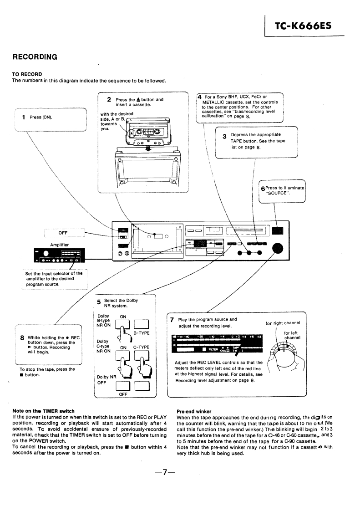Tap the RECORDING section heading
coord(35,57)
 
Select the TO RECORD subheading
coord(27,74)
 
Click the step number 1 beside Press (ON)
coord(23,117)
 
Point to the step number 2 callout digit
coord(109,100)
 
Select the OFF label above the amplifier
coord(63,233)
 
